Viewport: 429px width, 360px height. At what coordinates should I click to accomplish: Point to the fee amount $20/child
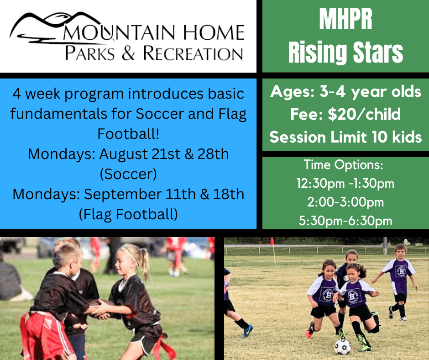[x=345, y=114]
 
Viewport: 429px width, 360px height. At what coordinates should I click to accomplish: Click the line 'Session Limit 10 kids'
[x=345, y=137]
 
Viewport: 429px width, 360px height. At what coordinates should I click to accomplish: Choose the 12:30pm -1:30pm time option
[x=345, y=184]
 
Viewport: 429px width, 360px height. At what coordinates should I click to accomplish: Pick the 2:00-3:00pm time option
[x=345, y=202]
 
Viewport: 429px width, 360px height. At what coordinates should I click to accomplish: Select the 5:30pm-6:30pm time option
[x=345, y=221]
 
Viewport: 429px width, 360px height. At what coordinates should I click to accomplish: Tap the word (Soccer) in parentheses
[x=128, y=174]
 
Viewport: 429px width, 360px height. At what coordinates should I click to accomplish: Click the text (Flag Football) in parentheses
[x=128, y=213]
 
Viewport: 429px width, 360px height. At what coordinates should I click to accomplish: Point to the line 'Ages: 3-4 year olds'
[x=345, y=92]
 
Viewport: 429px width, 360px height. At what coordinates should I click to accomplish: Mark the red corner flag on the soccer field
[x=272, y=242]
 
